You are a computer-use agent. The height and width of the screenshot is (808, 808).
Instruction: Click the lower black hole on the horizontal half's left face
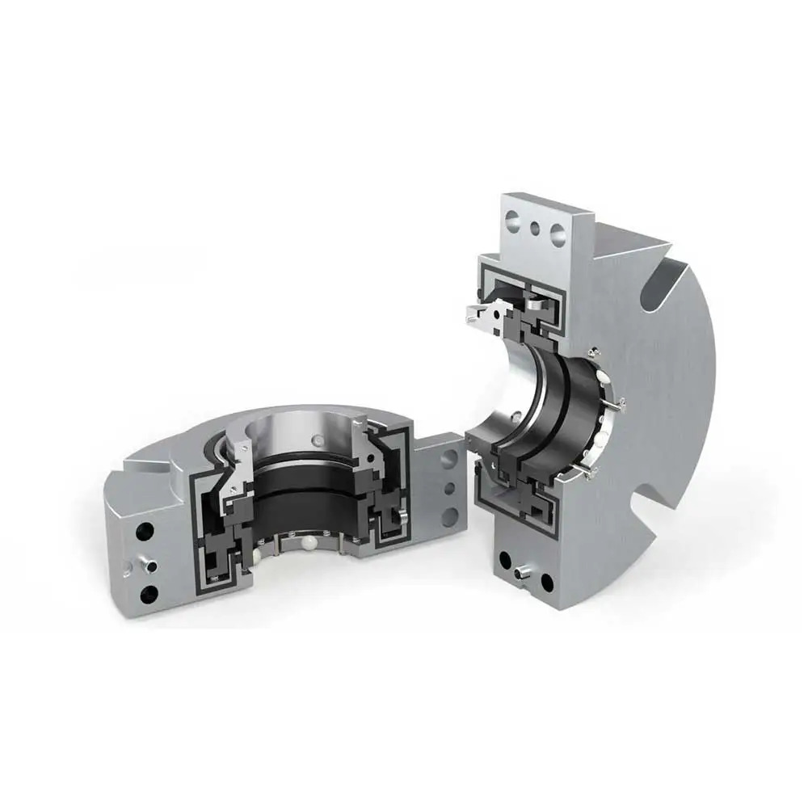tap(148, 595)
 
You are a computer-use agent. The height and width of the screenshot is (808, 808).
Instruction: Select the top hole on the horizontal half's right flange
tap(450, 456)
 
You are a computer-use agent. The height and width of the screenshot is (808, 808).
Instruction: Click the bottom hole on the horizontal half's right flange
tap(450, 517)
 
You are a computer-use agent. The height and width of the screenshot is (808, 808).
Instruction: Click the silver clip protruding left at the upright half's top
tap(481, 318)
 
